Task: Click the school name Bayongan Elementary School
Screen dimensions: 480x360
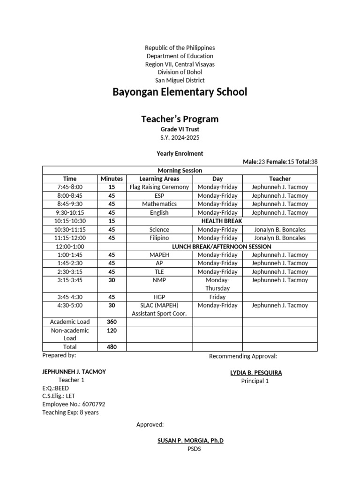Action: tap(180, 92)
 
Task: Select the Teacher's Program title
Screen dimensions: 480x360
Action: tap(180, 119)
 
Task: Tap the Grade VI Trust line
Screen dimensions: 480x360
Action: tap(180, 129)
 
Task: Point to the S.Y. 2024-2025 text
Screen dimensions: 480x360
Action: tap(180, 137)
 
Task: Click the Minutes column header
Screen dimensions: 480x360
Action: tap(112, 179)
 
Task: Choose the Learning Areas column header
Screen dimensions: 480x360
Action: tap(159, 179)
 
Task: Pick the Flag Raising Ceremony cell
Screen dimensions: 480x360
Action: tap(159, 187)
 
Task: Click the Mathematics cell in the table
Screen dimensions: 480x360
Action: tap(159, 204)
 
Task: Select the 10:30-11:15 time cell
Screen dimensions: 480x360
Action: tap(70, 230)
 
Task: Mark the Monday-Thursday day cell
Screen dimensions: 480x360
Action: tap(217, 284)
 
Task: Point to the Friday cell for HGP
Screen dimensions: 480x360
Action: tap(217, 297)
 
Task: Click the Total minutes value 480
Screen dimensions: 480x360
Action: tap(112, 347)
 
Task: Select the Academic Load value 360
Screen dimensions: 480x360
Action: tap(112, 322)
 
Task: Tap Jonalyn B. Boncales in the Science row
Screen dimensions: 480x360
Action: tap(279, 230)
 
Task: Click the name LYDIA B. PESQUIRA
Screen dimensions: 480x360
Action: tap(255, 373)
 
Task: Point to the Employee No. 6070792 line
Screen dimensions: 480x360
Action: tap(74, 404)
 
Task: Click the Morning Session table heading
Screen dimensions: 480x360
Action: tap(180, 170)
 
